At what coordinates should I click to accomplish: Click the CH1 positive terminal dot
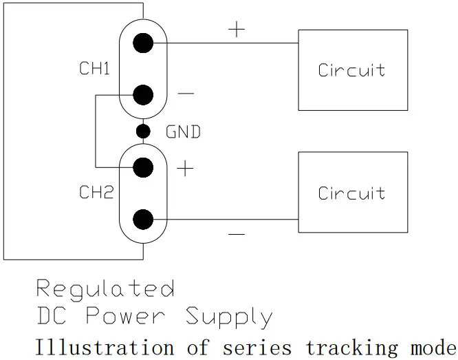click(143, 43)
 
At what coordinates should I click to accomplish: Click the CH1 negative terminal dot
click(143, 95)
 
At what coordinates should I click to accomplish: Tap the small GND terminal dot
click(143, 131)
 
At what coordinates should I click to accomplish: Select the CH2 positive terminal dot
click(143, 167)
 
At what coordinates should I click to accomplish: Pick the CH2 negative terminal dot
click(143, 220)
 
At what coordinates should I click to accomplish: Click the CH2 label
click(96, 193)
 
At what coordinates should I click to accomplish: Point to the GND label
click(183, 131)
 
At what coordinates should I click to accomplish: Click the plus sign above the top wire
click(236, 30)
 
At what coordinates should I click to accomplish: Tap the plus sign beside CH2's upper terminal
click(185, 169)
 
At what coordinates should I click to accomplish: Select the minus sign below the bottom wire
click(236, 235)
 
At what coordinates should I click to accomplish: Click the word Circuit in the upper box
click(351, 70)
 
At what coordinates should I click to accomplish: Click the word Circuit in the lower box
click(351, 193)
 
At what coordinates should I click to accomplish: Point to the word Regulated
click(105, 288)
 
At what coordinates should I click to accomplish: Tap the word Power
click(125, 317)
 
